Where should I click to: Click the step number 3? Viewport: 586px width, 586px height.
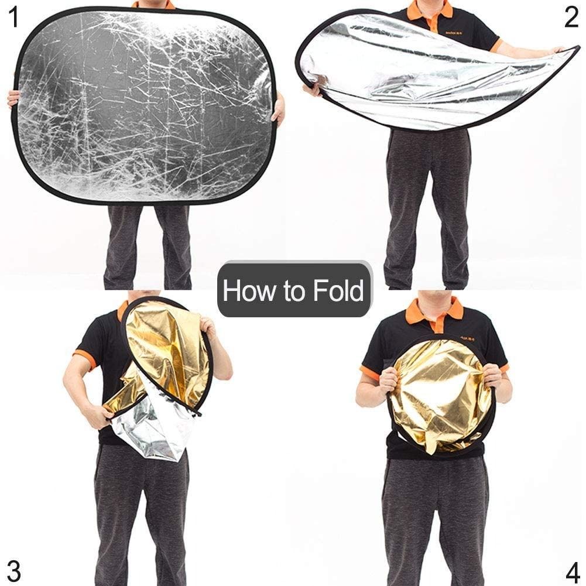click(13, 569)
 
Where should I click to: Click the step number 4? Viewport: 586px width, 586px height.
click(572, 569)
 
